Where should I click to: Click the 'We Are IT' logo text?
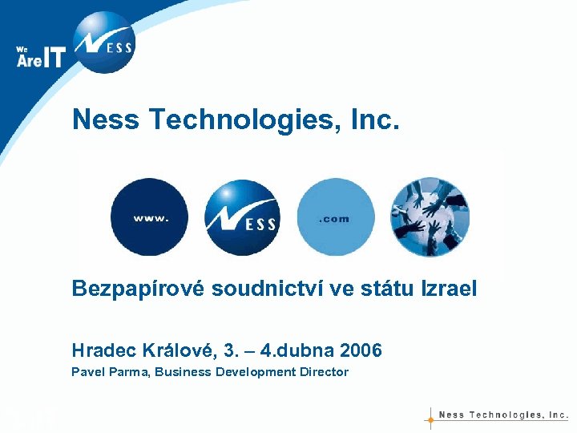pyautogui.click(x=40, y=56)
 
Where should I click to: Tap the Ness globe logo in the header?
pyautogui.click(x=103, y=42)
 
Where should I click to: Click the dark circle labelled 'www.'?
pyautogui.click(x=150, y=217)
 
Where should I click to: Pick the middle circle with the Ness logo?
pyautogui.click(x=242, y=217)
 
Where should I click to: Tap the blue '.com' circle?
pyautogui.click(x=335, y=217)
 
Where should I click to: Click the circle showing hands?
pyautogui.click(x=430, y=216)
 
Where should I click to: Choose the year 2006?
pyautogui.click(x=361, y=351)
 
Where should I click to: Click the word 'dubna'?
pyautogui.click(x=309, y=351)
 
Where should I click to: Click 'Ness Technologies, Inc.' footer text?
pyautogui.click(x=503, y=415)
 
